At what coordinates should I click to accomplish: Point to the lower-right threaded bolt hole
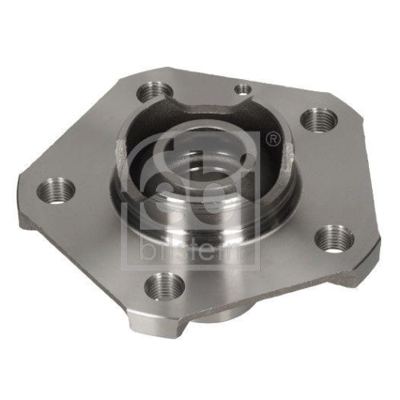(334, 238)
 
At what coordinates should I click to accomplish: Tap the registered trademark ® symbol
(274, 141)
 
